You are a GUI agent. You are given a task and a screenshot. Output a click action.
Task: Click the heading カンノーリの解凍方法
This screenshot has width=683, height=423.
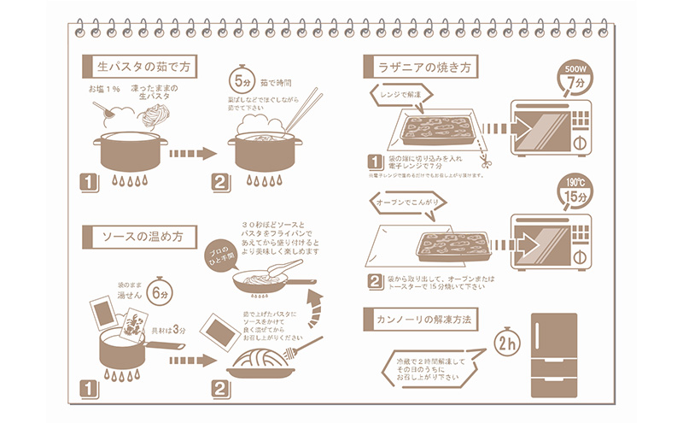(x=422, y=318)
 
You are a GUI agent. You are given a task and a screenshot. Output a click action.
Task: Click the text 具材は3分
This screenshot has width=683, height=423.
(x=168, y=328)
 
